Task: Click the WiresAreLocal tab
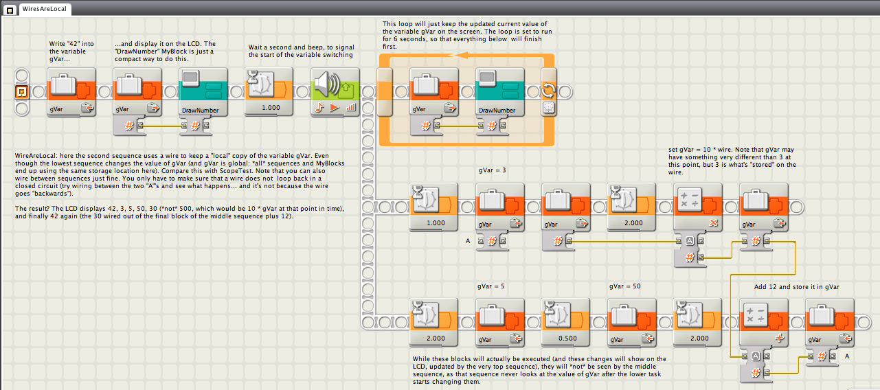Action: tap(45, 9)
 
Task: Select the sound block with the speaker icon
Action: tap(335, 92)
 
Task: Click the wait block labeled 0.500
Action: tap(565, 323)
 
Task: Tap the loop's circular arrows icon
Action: tap(548, 91)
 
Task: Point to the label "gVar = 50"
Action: tap(624, 286)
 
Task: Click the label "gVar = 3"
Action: tap(493, 170)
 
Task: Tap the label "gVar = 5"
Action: tap(490, 286)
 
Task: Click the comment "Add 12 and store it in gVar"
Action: tap(796, 287)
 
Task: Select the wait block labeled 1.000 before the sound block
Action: tap(269, 92)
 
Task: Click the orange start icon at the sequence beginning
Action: tap(21, 92)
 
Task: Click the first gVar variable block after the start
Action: tap(71, 92)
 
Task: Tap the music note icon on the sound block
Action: tap(319, 107)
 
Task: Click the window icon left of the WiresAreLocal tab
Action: tap(10, 10)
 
